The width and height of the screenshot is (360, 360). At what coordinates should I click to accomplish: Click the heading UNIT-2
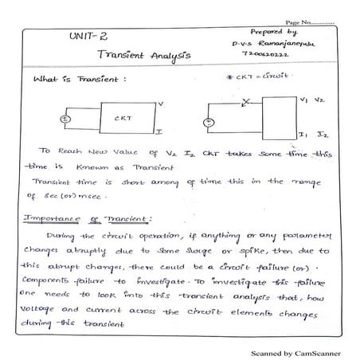(83, 37)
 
